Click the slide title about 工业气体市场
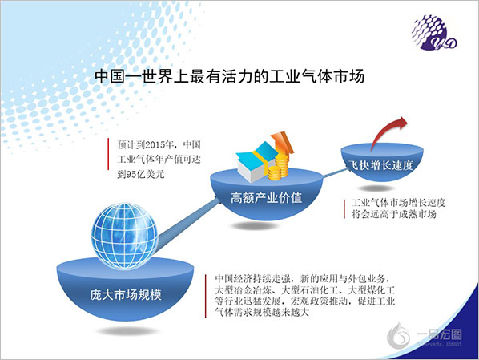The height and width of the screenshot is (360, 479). click(x=229, y=76)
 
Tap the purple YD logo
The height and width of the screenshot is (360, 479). click(x=434, y=33)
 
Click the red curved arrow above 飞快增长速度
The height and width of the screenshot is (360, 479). click(x=388, y=132)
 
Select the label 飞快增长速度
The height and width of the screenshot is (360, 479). click(x=381, y=165)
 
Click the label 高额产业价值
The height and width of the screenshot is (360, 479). click(x=267, y=197)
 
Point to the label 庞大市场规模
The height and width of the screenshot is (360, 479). click(x=126, y=295)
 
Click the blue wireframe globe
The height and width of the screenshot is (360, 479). click(x=125, y=236)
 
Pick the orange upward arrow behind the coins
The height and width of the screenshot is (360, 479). click(x=283, y=143)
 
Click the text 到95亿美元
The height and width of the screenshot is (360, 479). click(x=141, y=174)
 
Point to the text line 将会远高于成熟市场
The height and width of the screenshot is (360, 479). click(x=394, y=214)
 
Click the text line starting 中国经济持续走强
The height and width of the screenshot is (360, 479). click(x=303, y=279)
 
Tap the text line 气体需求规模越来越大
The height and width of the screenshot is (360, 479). click(x=262, y=312)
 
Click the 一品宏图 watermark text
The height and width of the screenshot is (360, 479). click(x=439, y=334)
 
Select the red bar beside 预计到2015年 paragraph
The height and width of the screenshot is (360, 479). click(x=108, y=154)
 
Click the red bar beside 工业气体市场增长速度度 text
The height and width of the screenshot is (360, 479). click(x=344, y=209)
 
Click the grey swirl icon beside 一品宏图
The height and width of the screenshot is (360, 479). click(x=399, y=336)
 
